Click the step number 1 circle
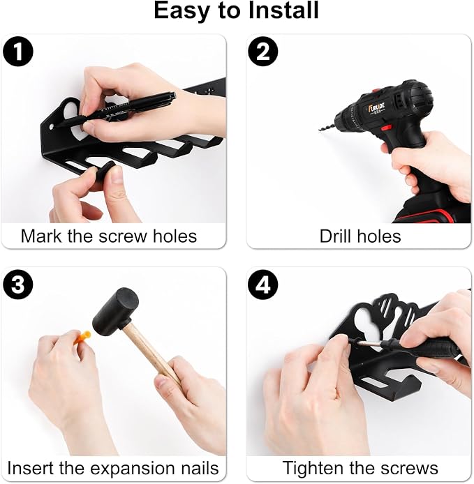pos(18,51)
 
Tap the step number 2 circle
pos(263,51)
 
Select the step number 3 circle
pos(18,284)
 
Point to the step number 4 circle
pos(263,284)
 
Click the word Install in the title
pos(283,10)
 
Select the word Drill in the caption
pos(336,236)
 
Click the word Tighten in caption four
pos(320,468)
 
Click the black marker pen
pos(117,109)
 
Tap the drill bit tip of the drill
pos(320,130)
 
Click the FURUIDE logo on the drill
pos(377,107)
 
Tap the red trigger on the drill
pos(386,128)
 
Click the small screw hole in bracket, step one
pos(52,126)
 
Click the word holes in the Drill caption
pos(378,236)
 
